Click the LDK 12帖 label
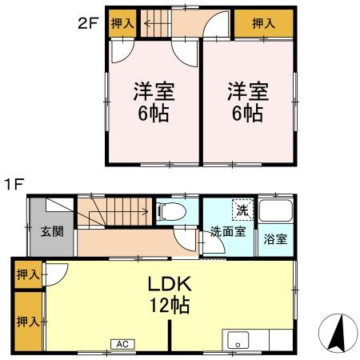(167, 294)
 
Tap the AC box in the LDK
(122, 344)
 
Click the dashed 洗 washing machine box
(241, 210)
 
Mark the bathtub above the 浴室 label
(274, 212)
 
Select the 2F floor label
(87, 23)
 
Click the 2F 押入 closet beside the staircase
(122, 23)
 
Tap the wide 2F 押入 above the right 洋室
(263, 24)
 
